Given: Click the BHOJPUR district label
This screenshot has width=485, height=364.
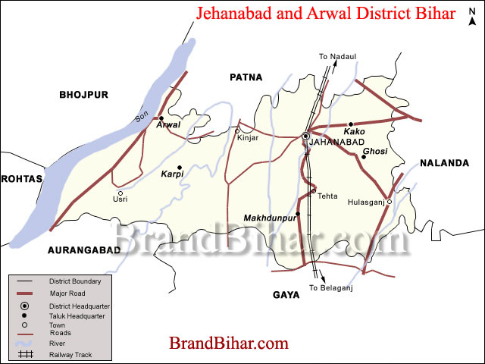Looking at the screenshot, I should pos(84,94).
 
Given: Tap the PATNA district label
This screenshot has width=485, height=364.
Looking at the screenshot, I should pos(246,77).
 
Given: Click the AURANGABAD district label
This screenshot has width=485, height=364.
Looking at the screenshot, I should pos(83,249).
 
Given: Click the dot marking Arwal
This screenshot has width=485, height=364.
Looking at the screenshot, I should pos(161,118).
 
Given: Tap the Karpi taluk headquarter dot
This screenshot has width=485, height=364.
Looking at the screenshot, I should pos(180,168).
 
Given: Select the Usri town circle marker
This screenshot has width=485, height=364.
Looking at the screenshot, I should pos(120,193).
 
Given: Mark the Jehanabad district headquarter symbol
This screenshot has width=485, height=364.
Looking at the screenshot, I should pos(305,136).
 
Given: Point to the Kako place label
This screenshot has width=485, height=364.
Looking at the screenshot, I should pos(354,132).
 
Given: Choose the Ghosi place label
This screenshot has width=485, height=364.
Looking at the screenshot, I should pos(374,152).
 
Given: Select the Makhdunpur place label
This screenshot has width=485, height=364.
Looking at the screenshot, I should pos(269,218).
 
